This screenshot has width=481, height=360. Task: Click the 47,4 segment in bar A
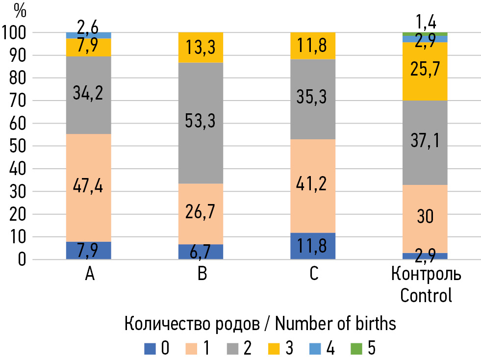click(89, 187)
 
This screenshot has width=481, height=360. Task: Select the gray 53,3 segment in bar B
click(201, 123)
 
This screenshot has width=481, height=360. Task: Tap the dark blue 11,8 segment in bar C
click(313, 246)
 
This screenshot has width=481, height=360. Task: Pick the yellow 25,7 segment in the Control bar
click(425, 71)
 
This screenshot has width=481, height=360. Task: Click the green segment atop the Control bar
click(425, 33)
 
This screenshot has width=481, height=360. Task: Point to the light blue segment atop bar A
click(89, 35)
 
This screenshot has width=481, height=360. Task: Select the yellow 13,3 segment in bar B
click(201, 47)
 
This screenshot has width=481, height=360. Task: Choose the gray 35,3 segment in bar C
click(313, 99)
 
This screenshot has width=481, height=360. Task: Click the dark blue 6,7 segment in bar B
click(201, 252)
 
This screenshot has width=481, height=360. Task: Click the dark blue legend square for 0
click(150, 349)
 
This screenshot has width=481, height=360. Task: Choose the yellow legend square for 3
click(274, 349)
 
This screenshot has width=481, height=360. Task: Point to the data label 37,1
click(425, 142)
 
